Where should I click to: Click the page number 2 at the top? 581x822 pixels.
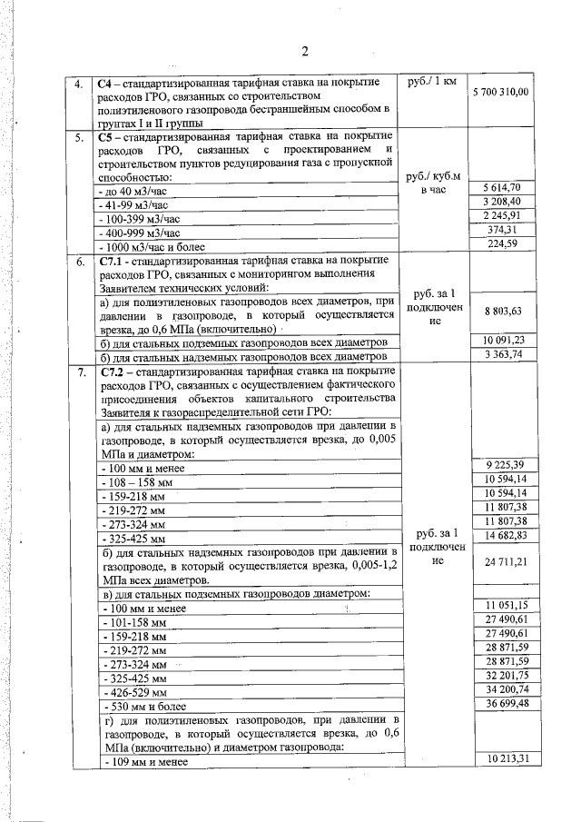306,49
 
